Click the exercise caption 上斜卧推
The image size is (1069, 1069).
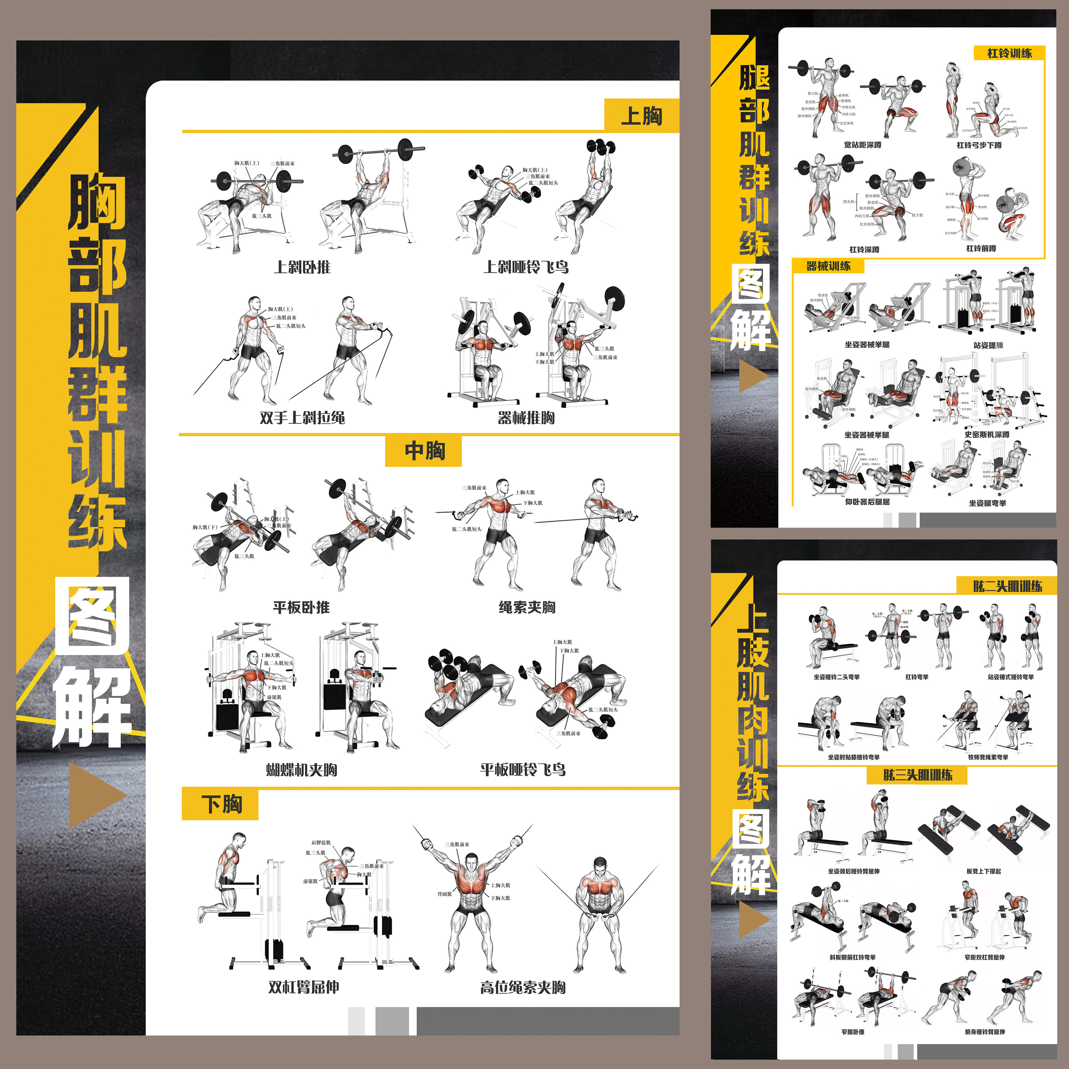(x=302, y=267)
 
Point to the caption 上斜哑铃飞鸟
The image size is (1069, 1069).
(x=526, y=267)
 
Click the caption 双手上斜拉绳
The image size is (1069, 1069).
(x=302, y=417)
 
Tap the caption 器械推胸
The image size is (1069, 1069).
(x=526, y=417)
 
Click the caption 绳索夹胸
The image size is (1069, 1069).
(x=527, y=607)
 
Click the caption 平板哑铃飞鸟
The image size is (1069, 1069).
(x=523, y=769)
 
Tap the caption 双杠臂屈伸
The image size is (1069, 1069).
(x=303, y=987)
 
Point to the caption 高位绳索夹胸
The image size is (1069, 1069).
(x=523, y=987)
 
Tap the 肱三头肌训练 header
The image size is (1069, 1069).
(x=917, y=775)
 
